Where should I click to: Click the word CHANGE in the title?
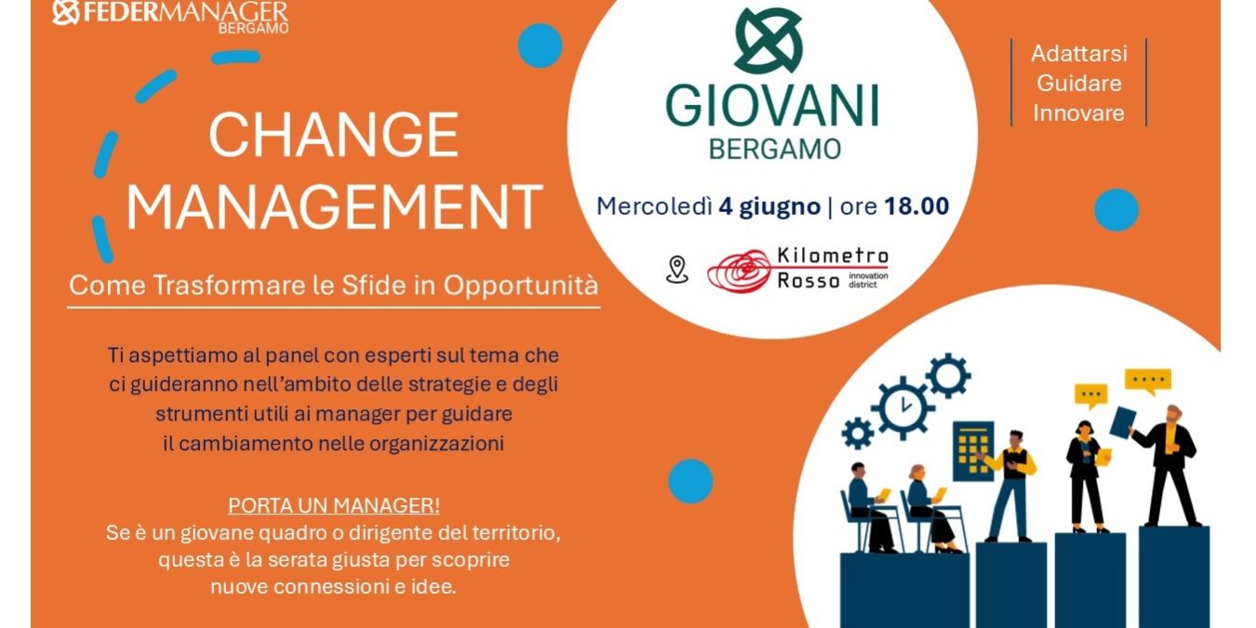point(334,135)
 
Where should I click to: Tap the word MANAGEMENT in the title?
point(335,207)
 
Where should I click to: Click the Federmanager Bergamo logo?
point(171,15)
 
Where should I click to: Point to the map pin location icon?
point(676,269)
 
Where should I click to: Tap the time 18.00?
point(916,207)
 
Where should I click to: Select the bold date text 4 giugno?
point(769,207)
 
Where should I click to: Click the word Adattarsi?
point(1079,54)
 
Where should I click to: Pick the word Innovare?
point(1079,114)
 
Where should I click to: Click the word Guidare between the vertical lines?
point(1079,84)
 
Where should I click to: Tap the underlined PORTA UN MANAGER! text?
point(334,506)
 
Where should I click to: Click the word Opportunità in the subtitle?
point(521,286)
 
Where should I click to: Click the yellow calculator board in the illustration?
point(973,451)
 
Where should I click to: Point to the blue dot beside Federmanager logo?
point(540,46)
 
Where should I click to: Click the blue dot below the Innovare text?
point(1116,210)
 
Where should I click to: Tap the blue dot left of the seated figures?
point(690,481)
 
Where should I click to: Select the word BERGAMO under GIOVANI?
point(775,150)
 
